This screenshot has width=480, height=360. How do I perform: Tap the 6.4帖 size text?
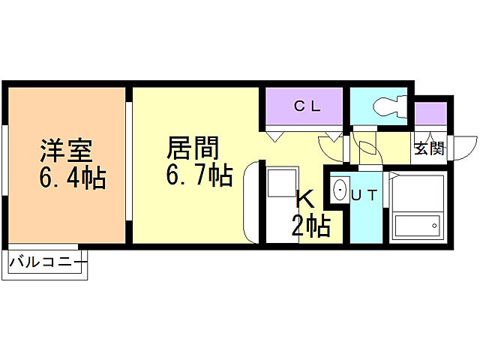point(72,179)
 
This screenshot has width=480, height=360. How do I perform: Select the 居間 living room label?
point(193,146)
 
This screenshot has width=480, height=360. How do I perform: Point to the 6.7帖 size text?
point(198,175)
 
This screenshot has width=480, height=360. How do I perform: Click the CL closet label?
point(307,106)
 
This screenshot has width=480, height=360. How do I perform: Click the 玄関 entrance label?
point(429,148)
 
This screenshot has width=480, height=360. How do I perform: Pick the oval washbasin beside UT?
point(340,191)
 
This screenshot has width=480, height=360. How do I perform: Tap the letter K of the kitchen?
point(304,199)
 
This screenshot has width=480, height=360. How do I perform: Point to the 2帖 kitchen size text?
point(310,225)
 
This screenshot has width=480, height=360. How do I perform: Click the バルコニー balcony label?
point(46,263)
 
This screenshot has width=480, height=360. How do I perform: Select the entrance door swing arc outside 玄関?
point(466,145)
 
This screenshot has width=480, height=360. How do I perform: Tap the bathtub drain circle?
point(434,223)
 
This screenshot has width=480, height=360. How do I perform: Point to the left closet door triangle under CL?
point(274,135)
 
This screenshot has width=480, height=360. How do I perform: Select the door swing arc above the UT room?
point(369,146)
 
